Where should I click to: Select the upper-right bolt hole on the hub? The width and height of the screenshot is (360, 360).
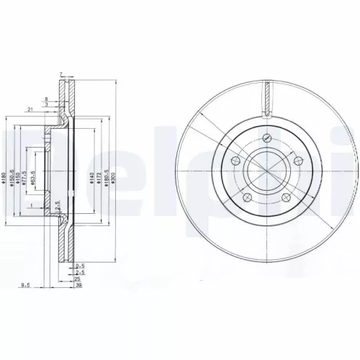[297, 161]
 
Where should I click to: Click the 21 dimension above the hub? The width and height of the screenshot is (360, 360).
[28, 109]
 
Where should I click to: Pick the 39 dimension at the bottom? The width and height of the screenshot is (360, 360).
[78, 285]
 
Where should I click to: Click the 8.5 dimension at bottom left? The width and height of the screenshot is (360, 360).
[24, 285]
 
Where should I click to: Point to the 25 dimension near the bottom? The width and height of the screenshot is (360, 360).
[78, 279]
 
